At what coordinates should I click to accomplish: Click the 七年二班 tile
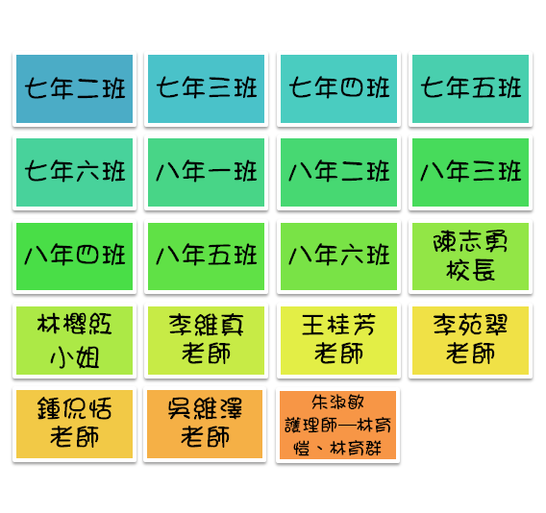point(75,88)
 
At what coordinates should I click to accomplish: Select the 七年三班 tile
point(206,88)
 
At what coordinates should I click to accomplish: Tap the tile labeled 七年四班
point(338,88)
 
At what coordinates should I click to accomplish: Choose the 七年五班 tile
point(470,88)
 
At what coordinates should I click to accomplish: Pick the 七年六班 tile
point(75,172)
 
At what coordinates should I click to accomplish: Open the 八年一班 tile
point(206,172)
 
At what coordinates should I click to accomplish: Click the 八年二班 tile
point(338,172)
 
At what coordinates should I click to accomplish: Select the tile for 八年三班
point(470,172)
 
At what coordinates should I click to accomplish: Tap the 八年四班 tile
point(75,256)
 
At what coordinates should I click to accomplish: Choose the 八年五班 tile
point(206,256)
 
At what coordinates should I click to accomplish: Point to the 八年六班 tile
point(338,256)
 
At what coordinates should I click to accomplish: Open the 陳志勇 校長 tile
point(470,256)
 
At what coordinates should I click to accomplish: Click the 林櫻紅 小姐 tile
point(75,340)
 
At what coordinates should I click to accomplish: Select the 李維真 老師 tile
point(206,340)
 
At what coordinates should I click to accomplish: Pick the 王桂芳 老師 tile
point(338,340)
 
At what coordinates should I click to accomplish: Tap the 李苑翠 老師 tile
point(470,340)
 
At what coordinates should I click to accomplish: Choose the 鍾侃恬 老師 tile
point(75,425)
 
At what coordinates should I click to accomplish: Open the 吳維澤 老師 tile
point(205,425)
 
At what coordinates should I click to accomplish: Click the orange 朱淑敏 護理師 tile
point(337,425)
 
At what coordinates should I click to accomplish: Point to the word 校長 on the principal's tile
point(470,270)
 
